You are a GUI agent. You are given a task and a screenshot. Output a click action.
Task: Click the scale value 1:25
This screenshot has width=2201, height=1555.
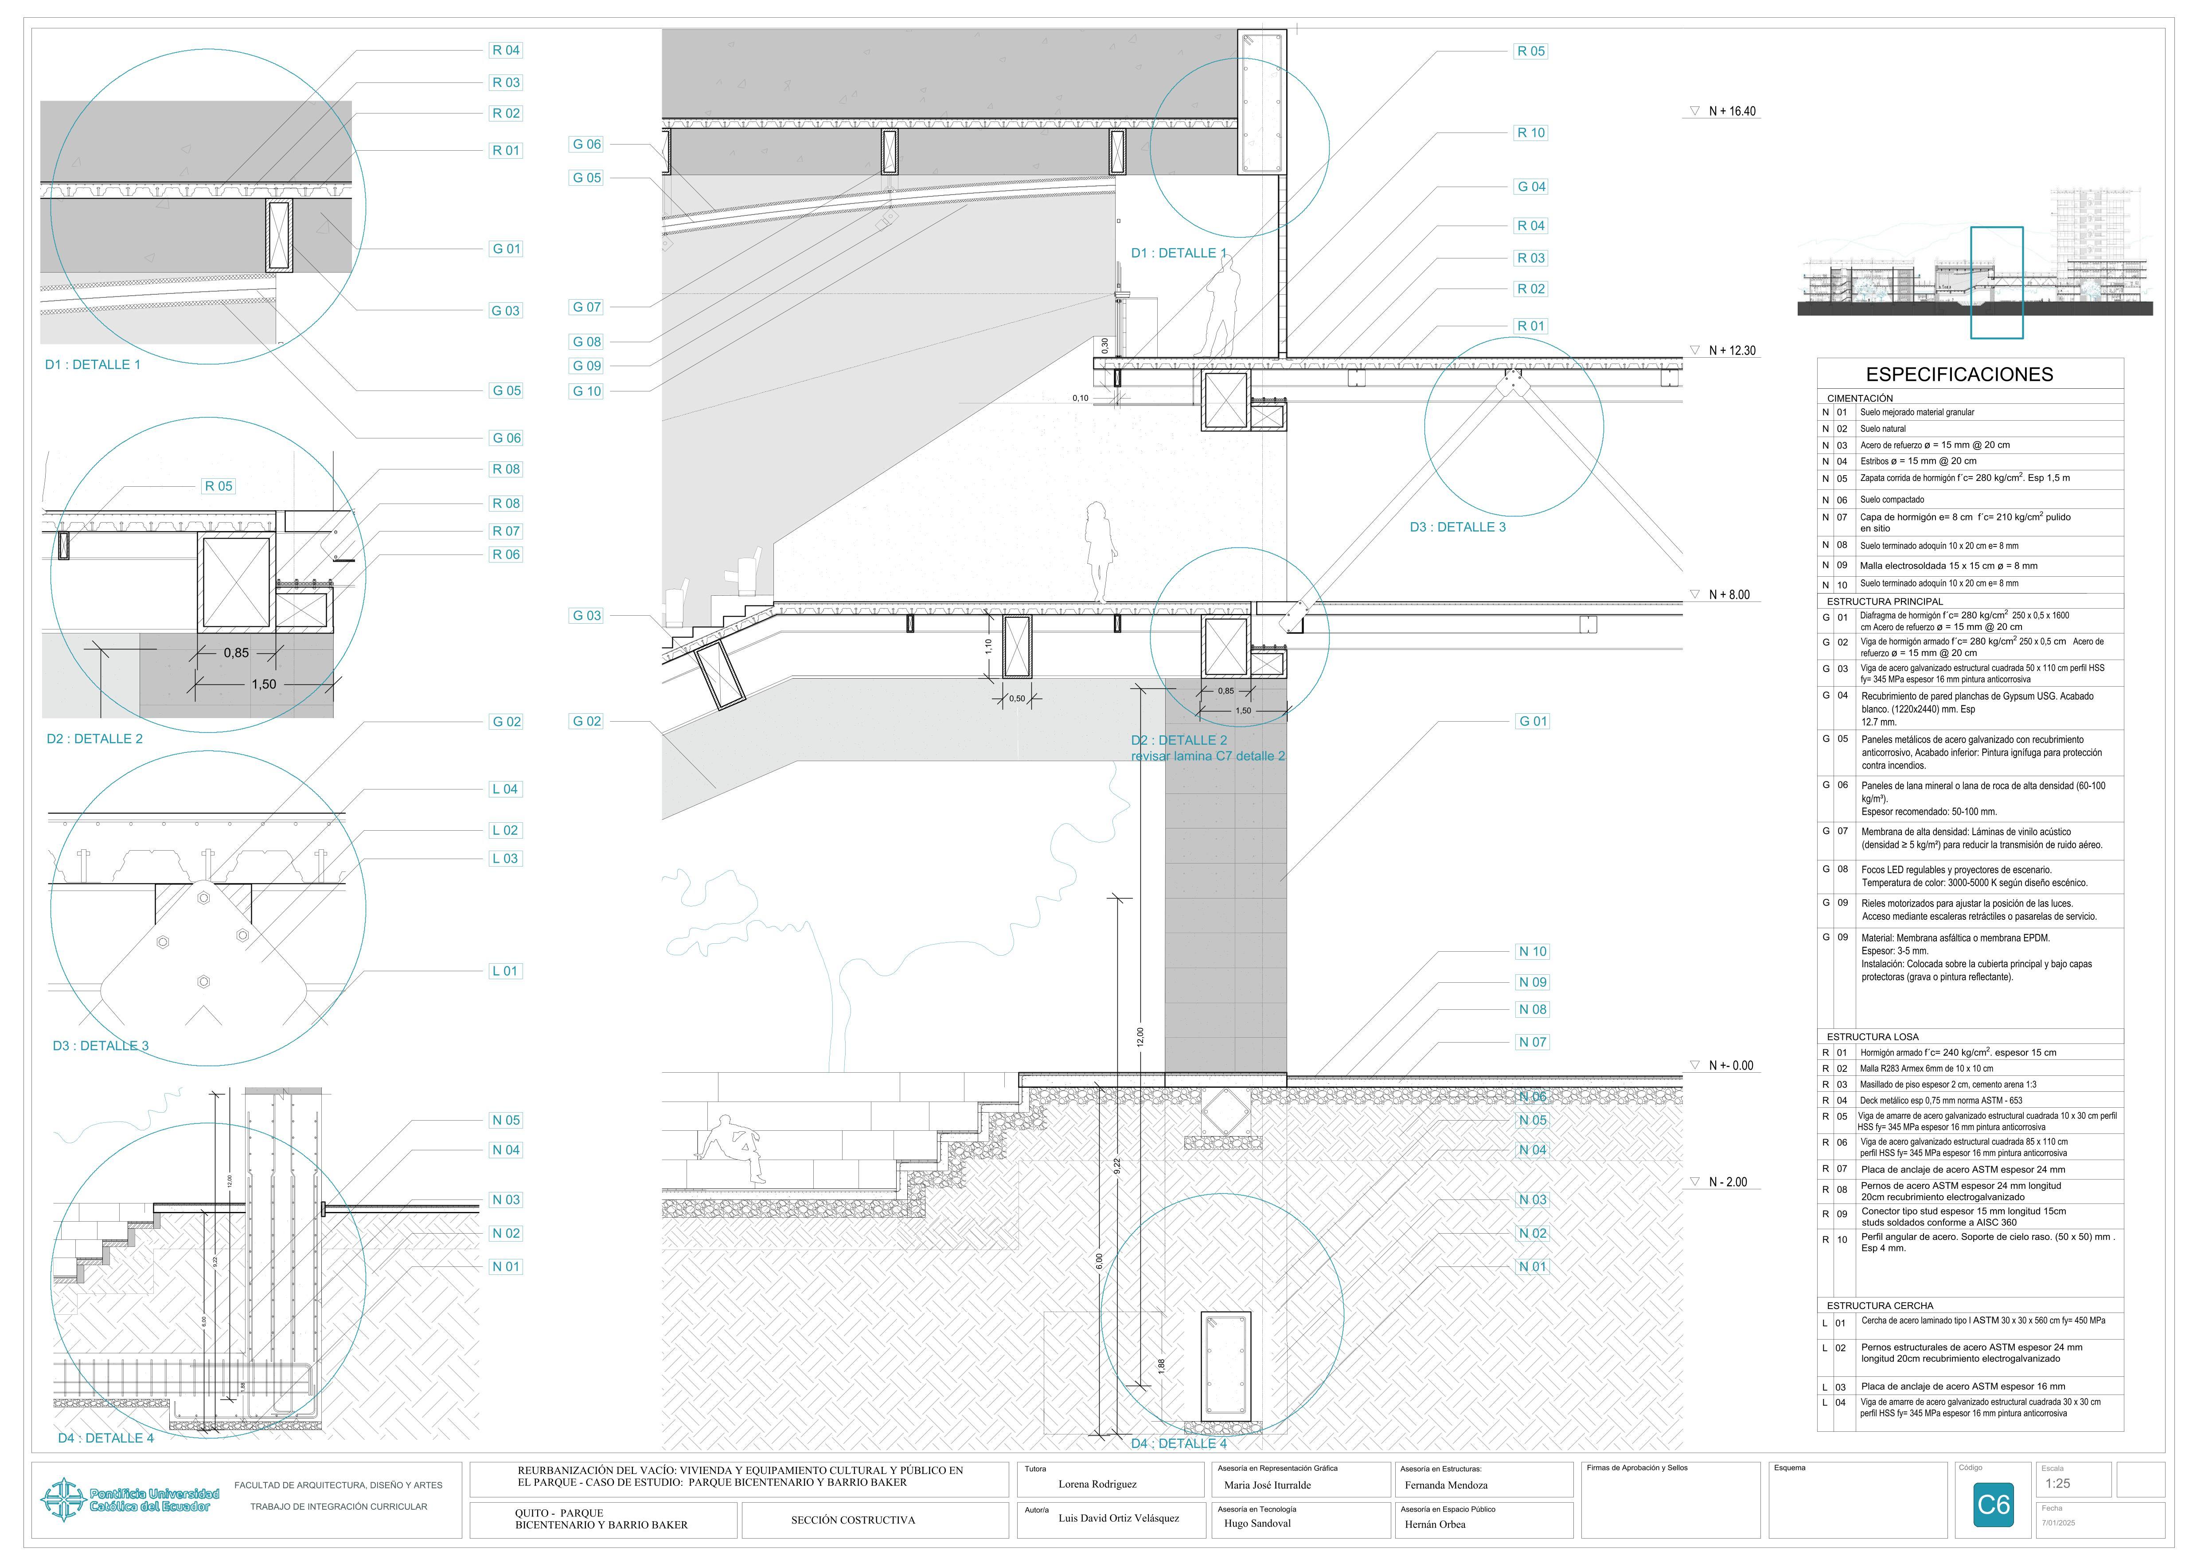tap(2057, 1483)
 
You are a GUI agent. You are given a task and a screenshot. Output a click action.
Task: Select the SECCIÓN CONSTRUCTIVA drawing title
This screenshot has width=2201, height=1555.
tap(852, 1520)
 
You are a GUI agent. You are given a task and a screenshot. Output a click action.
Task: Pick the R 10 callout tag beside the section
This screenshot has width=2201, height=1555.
tap(1531, 133)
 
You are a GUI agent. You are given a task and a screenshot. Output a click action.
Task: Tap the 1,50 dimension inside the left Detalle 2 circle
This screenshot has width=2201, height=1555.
tap(264, 684)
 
